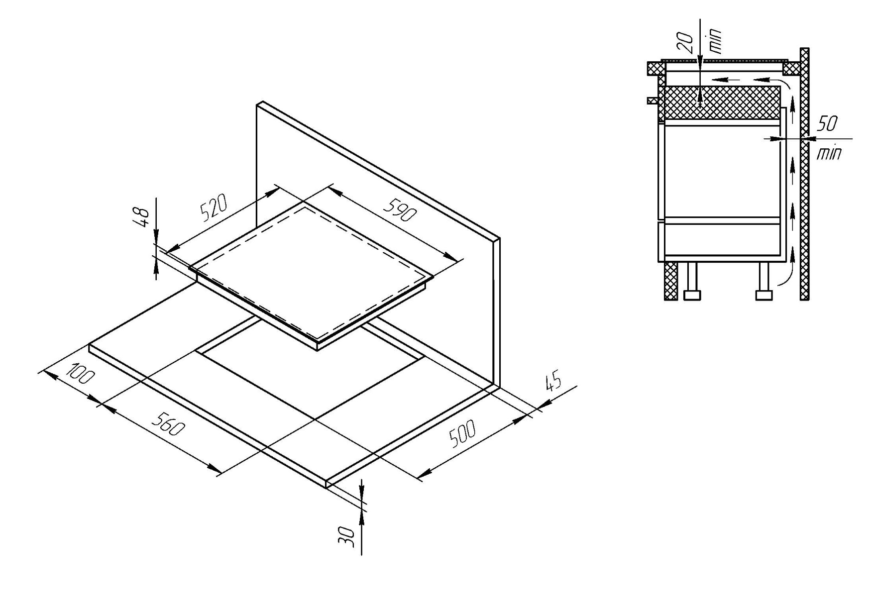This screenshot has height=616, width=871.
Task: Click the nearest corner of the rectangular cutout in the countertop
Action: tap(315, 419)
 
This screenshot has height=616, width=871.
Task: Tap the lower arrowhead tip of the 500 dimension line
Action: tap(417, 479)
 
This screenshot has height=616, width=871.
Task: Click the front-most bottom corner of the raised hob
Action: tap(318, 350)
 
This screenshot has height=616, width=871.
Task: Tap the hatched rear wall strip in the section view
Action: tap(804, 174)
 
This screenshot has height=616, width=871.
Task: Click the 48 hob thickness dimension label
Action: tap(143, 217)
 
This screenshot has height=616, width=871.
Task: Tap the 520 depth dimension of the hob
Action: tap(214, 207)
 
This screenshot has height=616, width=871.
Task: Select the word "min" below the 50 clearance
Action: tap(829, 153)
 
